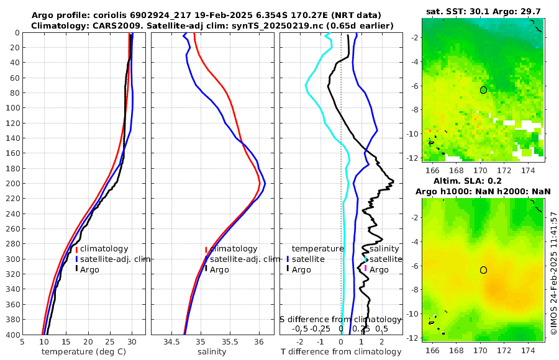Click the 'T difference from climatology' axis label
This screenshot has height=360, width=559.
(341, 352)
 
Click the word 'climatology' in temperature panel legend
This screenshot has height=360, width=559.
(104, 249)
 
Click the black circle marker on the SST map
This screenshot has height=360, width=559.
(483, 90)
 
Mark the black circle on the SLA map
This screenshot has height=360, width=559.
(483, 270)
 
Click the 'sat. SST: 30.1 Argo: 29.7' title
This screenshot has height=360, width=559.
(484, 12)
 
